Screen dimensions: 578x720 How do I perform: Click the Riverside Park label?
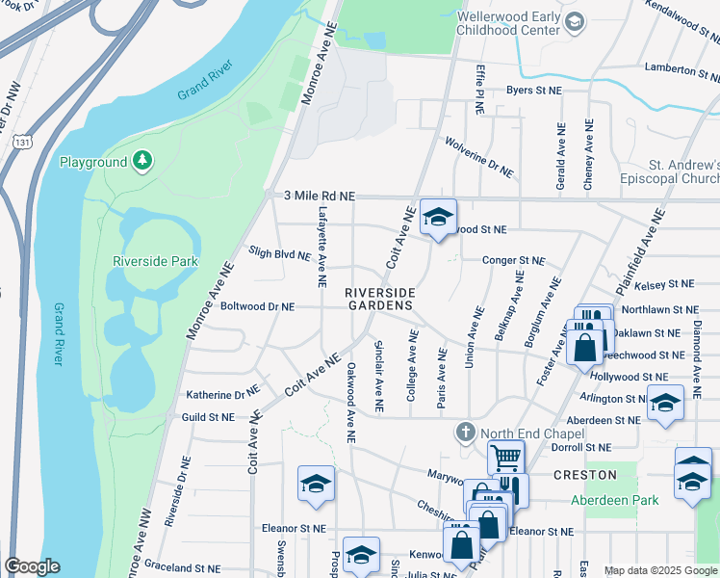(x=155, y=261)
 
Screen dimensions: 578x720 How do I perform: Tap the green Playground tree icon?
(x=142, y=160)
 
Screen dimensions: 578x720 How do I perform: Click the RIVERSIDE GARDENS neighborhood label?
(x=380, y=299)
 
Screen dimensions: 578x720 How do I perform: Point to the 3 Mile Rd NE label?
(x=320, y=196)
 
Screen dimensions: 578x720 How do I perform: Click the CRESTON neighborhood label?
(x=584, y=476)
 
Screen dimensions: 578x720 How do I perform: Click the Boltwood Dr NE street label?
(x=257, y=306)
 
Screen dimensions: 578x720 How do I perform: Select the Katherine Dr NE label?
(x=222, y=394)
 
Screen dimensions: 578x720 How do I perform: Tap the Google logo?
(x=31, y=566)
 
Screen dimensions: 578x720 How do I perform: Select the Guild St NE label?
(x=208, y=417)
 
